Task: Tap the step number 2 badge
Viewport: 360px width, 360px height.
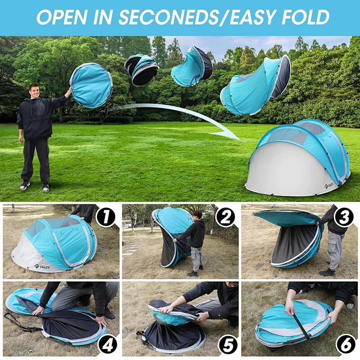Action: [225, 216]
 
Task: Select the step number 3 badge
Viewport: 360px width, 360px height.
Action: [345, 216]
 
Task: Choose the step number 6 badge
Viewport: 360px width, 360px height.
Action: [345, 346]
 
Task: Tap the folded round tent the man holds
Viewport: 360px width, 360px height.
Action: [91, 85]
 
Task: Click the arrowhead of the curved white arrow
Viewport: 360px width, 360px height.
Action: [227, 134]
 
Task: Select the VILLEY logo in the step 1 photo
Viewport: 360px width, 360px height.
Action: [43, 266]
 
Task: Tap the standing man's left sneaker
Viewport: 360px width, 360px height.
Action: [45, 187]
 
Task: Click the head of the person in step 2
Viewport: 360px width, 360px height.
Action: [198, 215]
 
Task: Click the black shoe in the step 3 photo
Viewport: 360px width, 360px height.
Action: [327, 272]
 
